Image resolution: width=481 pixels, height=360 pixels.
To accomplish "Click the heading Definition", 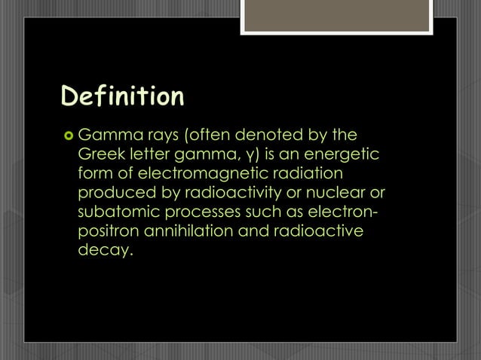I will tap(122, 98).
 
